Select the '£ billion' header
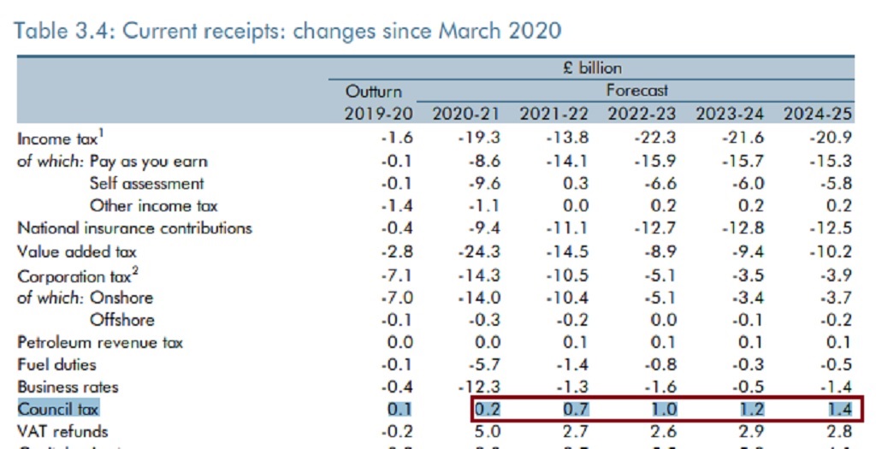(x=592, y=68)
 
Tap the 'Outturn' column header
(x=373, y=91)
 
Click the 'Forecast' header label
(x=637, y=90)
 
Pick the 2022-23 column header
(x=642, y=114)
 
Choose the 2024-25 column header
(x=817, y=114)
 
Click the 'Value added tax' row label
(x=77, y=251)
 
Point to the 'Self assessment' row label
(x=146, y=183)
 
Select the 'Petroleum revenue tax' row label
(x=100, y=342)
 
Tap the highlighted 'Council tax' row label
(x=58, y=409)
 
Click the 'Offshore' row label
(x=122, y=320)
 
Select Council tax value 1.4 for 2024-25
(x=838, y=409)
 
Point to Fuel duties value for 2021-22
(x=574, y=364)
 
